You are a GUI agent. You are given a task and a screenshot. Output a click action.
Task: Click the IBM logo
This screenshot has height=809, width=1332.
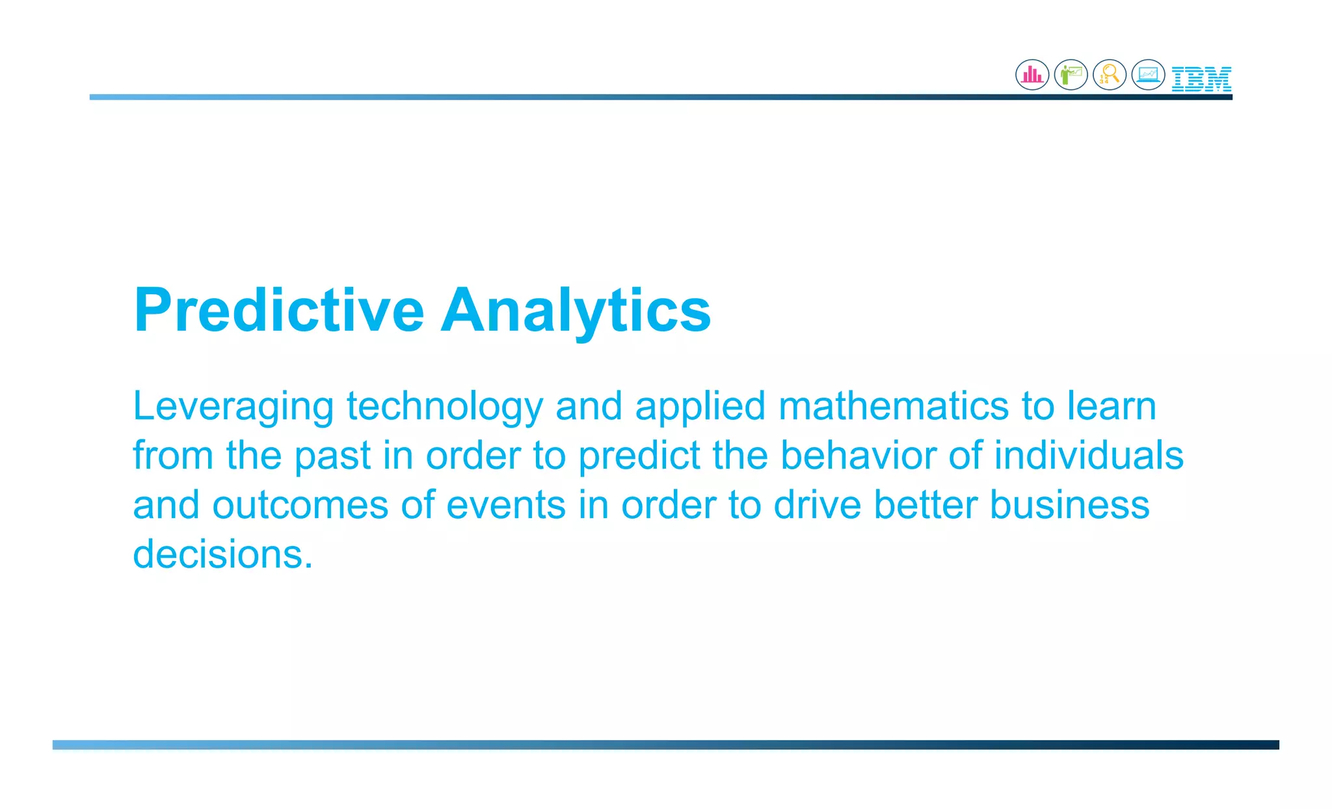(x=1201, y=79)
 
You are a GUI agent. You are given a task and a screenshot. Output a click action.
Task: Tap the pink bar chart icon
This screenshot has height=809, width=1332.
(x=1032, y=75)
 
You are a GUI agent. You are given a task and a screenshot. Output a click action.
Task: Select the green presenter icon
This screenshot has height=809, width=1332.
(x=1071, y=75)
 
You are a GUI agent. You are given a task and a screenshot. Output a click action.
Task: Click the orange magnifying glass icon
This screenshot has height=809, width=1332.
(x=1110, y=75)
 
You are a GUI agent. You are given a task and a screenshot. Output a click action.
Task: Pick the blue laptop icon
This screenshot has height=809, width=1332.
(x=1148, y=75)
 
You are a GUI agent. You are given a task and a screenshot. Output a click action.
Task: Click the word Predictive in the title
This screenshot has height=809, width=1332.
(x=279, y=310)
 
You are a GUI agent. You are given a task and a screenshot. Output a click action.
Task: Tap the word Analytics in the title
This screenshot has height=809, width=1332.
(x=576, y=310)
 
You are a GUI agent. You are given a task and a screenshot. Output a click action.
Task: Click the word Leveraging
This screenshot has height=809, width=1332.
(x=233, y=407)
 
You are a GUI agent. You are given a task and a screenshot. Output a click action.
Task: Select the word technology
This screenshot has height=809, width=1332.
(x=444, y=407)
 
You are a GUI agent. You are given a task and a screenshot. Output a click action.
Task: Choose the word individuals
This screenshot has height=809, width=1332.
(x=1088, y=455)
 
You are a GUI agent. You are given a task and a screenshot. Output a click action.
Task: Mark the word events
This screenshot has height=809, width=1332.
(x=506, y=505)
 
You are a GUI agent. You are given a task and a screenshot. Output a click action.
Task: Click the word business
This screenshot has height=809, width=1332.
(x=1069, y=505)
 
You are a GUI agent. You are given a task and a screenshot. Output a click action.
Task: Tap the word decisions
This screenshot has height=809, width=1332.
(x=222, y=555)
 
